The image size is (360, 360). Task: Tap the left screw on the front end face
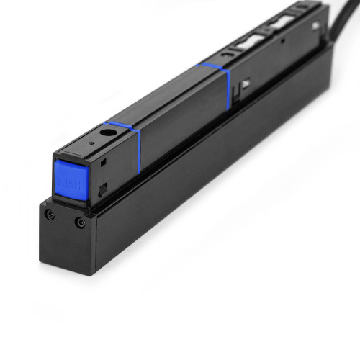pyautogui.click(x=49, y=215)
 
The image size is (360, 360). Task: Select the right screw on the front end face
pyautogui.click(x=80, y=222)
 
